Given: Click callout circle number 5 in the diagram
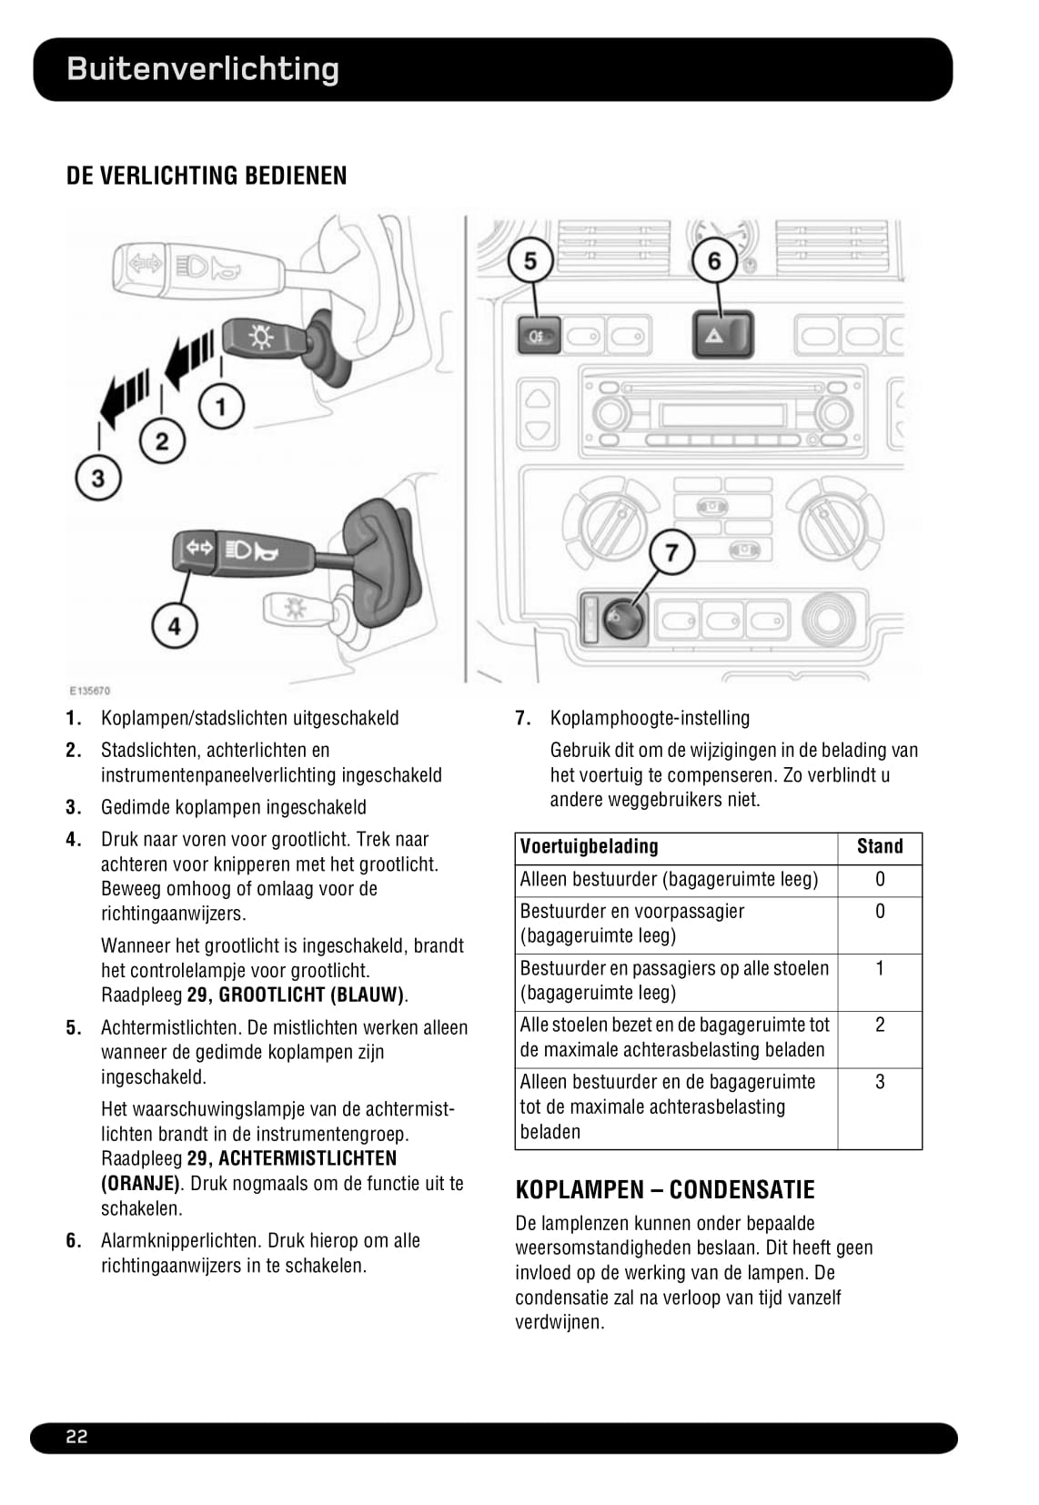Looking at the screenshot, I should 530,261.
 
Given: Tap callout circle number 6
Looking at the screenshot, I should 714,261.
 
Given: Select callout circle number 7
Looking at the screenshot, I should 671,552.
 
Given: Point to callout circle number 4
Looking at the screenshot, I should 174,625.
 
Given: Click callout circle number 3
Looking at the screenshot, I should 97,477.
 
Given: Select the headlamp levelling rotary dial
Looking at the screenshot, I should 621,619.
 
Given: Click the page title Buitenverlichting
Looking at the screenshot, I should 203,69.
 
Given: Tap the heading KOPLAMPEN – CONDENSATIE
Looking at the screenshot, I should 665,1189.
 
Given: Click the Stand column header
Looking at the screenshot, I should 880,847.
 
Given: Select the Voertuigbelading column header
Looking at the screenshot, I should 589,847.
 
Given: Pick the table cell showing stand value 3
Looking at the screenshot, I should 880,1082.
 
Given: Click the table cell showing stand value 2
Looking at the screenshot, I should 880,1025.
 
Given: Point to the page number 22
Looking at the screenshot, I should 76,1437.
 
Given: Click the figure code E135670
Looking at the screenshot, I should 89,691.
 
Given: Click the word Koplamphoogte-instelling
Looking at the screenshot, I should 650,718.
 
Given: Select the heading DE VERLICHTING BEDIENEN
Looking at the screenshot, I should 207,176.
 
